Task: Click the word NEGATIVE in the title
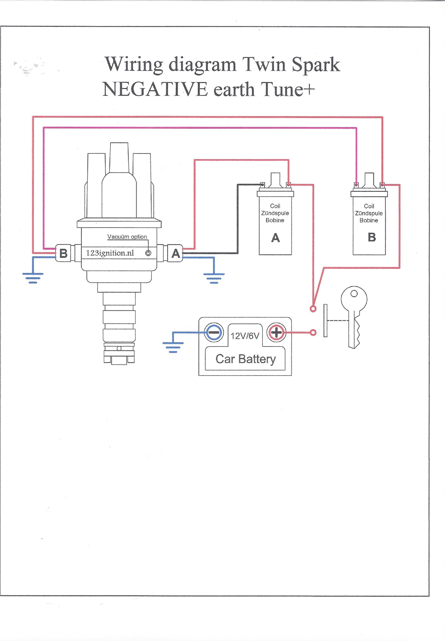tap(155, 90)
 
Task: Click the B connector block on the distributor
tap(63, 253)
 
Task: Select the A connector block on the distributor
tap(175, 253)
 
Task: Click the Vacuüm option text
tap(127, 237)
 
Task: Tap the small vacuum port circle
tap(148, 253)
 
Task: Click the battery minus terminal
tap(214, 332)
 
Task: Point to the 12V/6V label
tap(245, 336)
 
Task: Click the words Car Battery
tap(245, 359)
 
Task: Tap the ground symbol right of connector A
tap(214, 278)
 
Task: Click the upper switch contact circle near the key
tap(313, 309)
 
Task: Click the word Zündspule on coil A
tap(275, 213)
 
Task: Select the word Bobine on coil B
tap(369, 220)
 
